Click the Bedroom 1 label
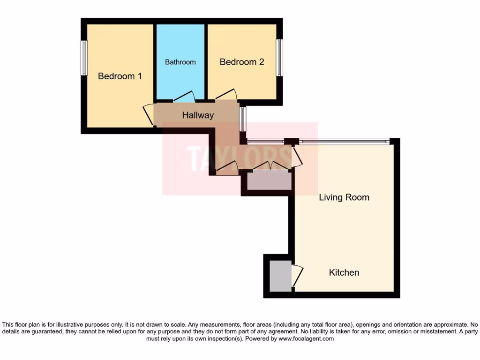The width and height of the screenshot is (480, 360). tap(120, 76)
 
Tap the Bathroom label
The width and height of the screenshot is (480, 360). tap(180, 62)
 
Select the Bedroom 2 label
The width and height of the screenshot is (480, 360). tap(242, 62)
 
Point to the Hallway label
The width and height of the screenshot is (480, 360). tap(198, 115)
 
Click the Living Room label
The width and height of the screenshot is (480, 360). tap(344, 197)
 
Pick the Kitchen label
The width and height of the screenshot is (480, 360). tap(344, 272)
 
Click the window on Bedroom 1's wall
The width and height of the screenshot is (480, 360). tap(84, 58)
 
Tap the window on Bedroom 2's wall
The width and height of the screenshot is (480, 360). tap(279, 58)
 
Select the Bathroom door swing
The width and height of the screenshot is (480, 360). tap(184, 96)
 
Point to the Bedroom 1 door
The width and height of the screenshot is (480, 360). tap(148, 114)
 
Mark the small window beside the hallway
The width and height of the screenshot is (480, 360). tap(242, 119)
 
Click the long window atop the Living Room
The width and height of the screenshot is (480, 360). tap(345, 141)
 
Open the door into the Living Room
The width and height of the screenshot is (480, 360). tap(297, 157)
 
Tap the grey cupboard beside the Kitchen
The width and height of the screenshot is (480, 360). tap(280, 276)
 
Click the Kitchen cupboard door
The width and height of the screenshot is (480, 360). tap(297, 276)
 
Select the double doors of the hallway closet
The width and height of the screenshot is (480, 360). tap(271, 165)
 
